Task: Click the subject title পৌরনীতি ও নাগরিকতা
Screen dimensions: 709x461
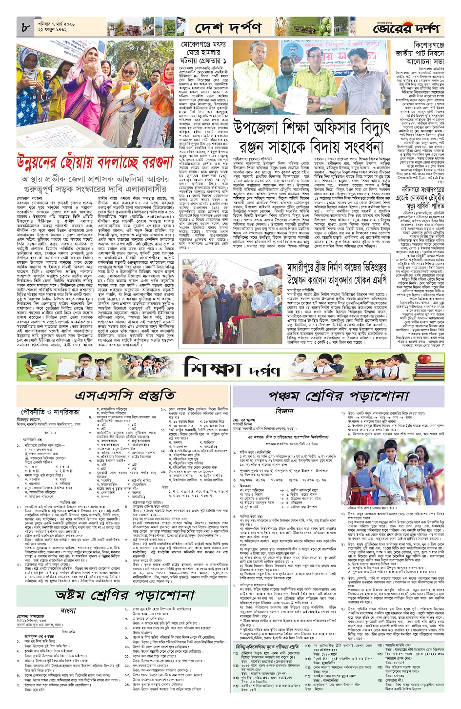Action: (x=50, y=412)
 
